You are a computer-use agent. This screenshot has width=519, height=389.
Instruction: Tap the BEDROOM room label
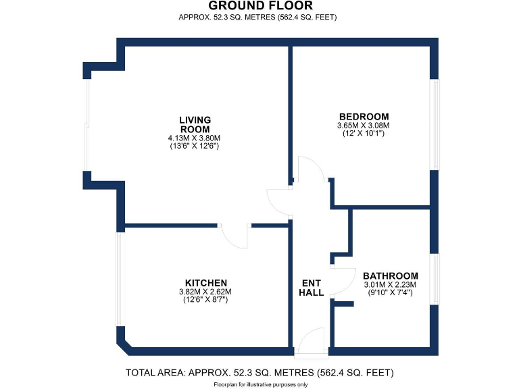[x=364, y=116]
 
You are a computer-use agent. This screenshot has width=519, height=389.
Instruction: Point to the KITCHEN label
[x=205, y=282]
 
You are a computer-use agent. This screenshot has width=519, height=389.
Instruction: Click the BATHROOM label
[x=390, y=276]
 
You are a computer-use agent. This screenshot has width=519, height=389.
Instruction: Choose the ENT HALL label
[x=312, y=288]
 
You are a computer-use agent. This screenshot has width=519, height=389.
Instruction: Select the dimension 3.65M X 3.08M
[x=364, y=125]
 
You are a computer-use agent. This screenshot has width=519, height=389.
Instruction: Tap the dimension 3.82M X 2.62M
[x=205, y=291]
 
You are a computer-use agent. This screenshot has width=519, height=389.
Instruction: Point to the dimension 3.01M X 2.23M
[x=390, y=285]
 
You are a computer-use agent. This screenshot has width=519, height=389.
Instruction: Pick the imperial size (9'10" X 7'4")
[x=390, y=293]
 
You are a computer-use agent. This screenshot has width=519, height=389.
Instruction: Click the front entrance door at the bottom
[x=311, y=342]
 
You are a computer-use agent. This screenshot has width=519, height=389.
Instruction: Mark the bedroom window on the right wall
[x=435, y=125]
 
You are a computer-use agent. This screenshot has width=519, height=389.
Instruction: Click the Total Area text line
[x=259, y=373]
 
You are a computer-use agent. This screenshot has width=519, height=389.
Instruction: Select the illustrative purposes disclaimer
[x=259, y=384]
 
